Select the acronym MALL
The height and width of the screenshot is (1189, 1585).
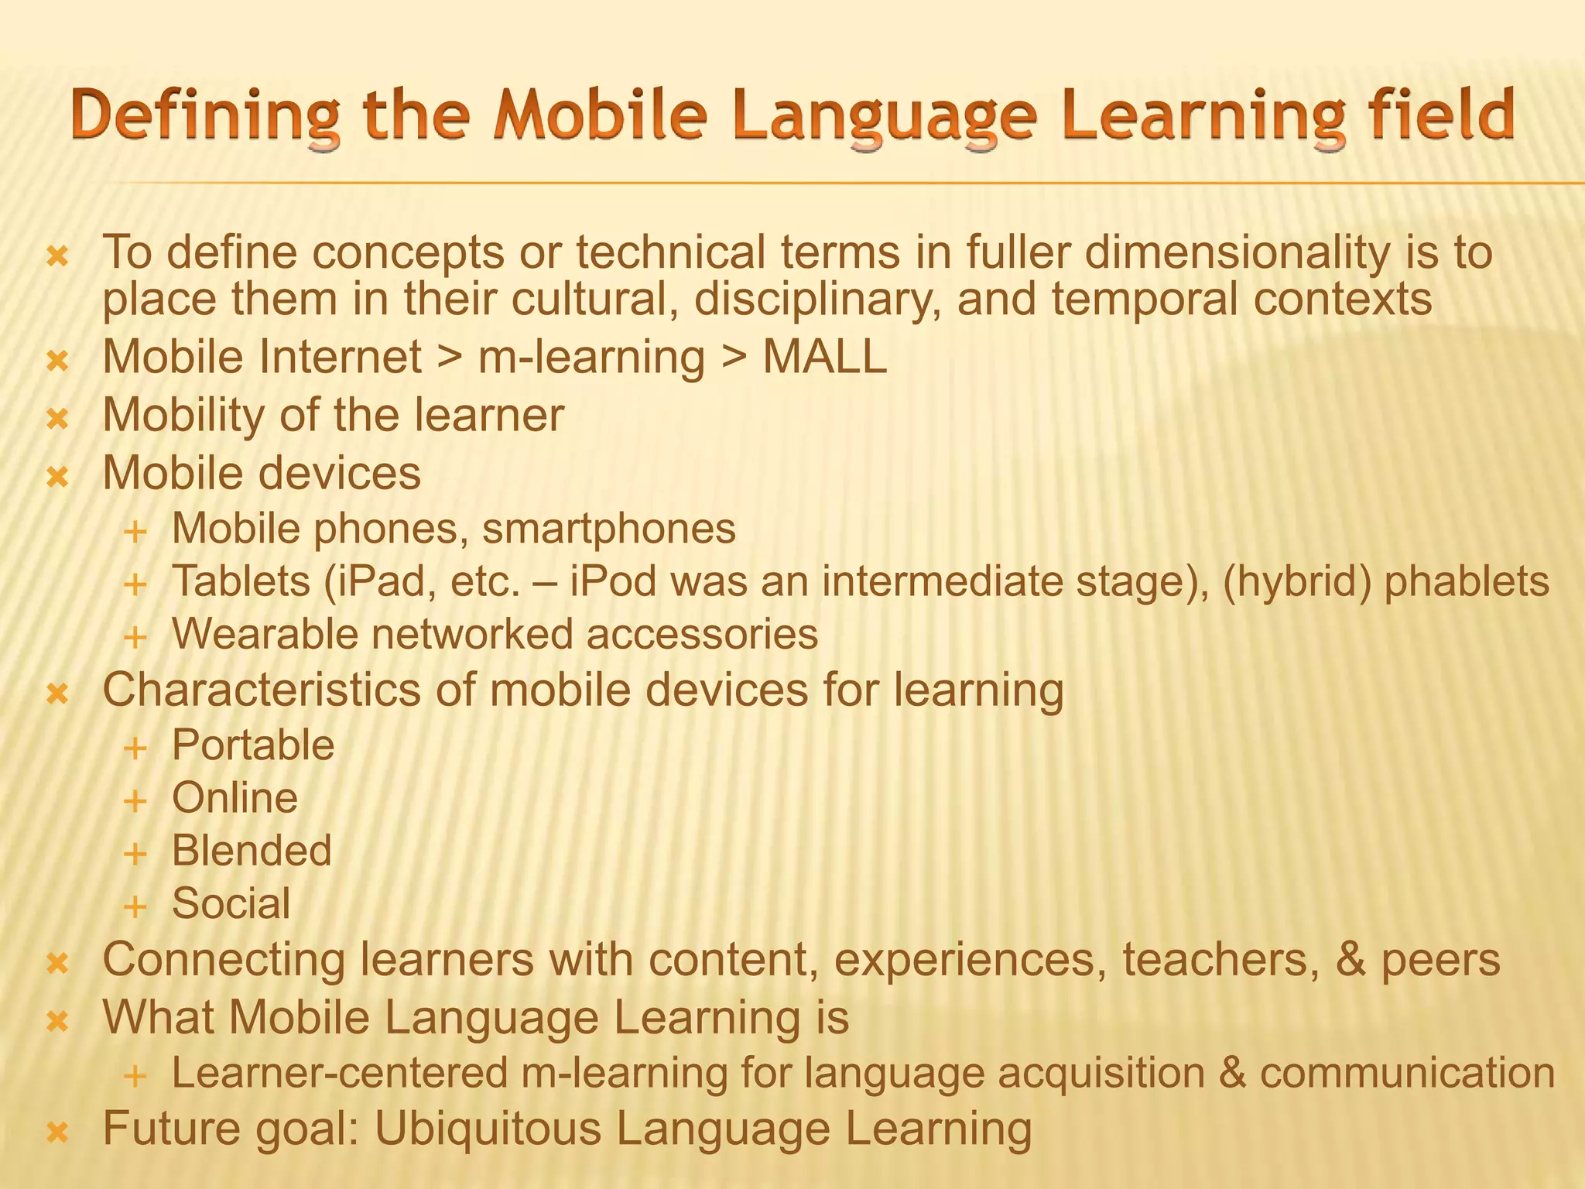coord(824,358)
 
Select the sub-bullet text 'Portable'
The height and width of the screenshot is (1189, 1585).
coord(253,745)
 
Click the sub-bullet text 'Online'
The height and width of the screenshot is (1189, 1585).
coord(234,798)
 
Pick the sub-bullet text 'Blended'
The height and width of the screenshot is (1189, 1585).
coord(252,851)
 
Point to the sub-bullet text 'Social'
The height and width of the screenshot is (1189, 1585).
coord(231,903)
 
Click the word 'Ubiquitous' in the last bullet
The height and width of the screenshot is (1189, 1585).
coord(488,1129)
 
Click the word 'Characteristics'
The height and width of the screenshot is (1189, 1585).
coord(262,690)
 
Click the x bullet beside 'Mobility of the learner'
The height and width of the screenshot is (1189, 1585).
coord(58,420)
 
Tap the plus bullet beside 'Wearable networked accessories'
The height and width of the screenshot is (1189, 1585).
coord(135,639)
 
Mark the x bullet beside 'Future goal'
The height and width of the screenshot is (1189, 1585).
coord(58,1133)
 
